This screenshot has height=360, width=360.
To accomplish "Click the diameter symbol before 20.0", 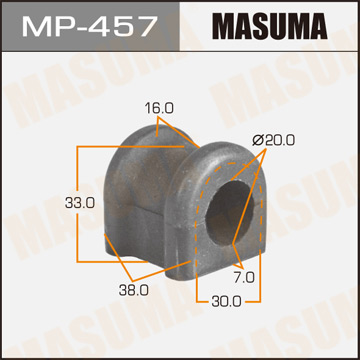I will tap(258, 142).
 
